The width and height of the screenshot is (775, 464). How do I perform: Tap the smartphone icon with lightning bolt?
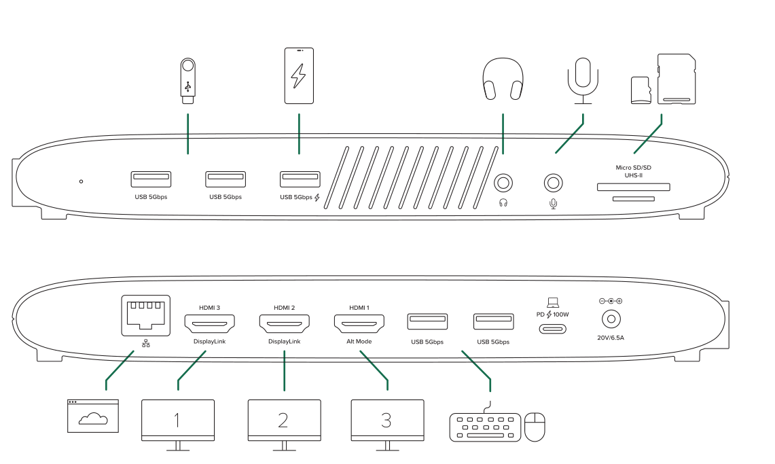point(299,76)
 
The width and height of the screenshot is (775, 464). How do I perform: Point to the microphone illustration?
point(583,80)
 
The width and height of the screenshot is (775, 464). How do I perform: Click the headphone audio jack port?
point(503,183)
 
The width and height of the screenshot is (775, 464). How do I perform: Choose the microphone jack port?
point(554,183)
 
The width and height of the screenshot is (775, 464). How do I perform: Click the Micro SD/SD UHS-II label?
point(633,171)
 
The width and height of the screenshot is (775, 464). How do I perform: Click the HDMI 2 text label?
point(284,308)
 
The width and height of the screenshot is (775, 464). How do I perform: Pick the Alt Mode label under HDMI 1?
point(359,342)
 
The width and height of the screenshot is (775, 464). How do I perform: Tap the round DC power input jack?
point(610,319)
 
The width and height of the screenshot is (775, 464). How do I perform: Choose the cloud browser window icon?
point(93,416)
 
